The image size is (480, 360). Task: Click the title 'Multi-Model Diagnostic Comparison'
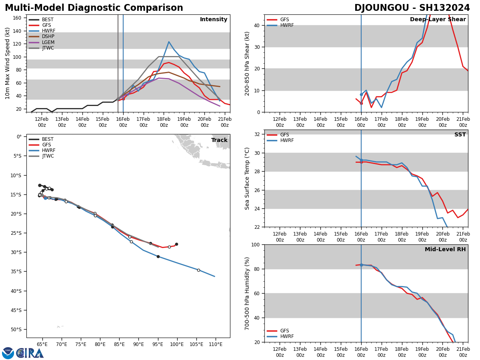pos(94,8)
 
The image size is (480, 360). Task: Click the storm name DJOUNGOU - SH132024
pos(412,8)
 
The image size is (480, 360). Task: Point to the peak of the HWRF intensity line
pos(169,42)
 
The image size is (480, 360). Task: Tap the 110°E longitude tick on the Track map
pos(216,344)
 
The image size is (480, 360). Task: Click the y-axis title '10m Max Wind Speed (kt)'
pos(7,63)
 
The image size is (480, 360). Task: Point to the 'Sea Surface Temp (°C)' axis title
pos(248,178)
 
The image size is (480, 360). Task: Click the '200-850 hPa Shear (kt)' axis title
pos(248,63)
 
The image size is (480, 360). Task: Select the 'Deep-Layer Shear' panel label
pos(438,20)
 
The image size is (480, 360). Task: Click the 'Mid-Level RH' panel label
pos(445,250)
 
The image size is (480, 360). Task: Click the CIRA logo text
pos(30,353)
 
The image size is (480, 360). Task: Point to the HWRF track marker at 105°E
pos(198,270)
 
